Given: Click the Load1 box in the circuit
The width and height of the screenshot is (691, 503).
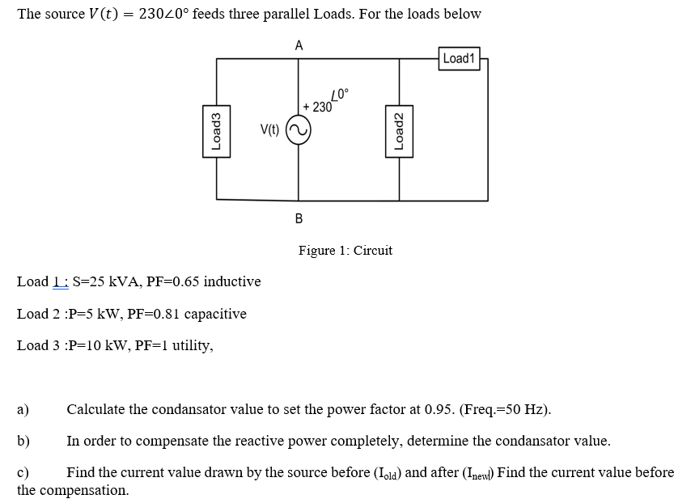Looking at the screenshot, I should (460, 58).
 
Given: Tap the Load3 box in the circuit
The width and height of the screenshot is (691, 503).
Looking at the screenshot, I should (216, 129).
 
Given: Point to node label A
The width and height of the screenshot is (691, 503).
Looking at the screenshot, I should (299, 45).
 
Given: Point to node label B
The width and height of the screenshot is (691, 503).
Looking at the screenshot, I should (299, 218).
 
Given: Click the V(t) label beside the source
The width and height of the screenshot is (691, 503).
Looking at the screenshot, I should (269, 130).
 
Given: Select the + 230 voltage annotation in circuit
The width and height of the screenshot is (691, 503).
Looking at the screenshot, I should (317, 107).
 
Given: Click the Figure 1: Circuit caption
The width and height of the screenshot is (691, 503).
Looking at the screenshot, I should (345, 251).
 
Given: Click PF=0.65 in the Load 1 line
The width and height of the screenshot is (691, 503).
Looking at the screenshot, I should (172, 281).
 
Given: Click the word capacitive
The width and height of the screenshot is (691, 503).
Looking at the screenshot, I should (215, 314).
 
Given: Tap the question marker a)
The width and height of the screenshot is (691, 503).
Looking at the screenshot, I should (23, 409).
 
